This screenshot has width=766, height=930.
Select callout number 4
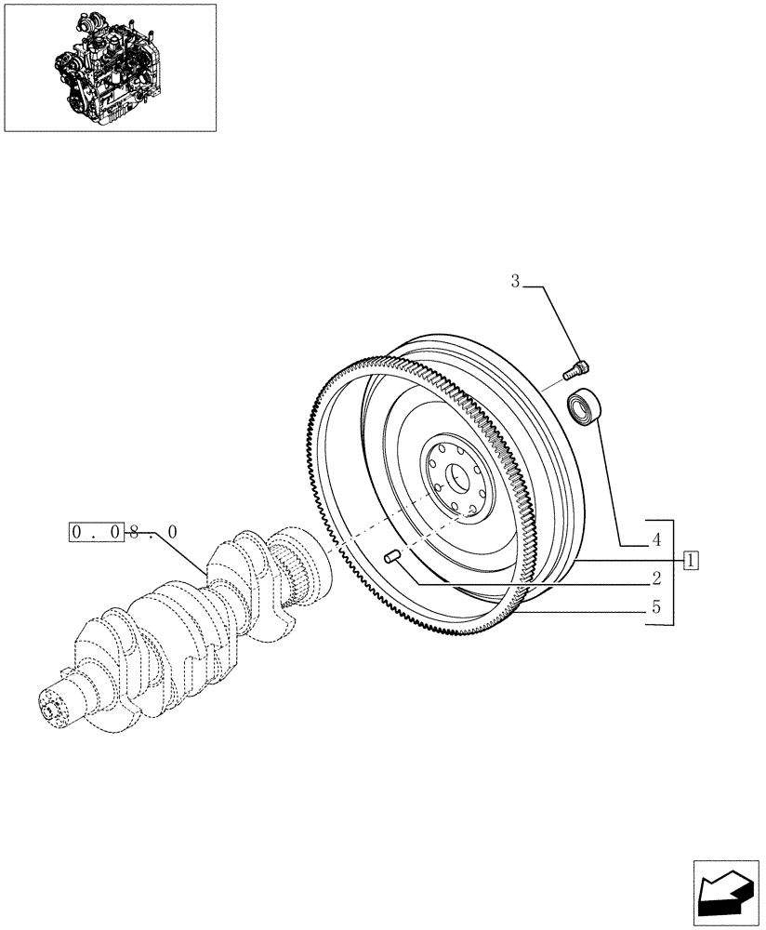click(x=656, y=538)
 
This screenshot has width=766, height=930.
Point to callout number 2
click(x=656, y=578)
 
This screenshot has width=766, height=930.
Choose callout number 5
click(x=656, y=609)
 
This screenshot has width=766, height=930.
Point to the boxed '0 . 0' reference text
click(x=96, y=532)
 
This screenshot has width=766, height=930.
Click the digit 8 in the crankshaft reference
click(x=135, y=532)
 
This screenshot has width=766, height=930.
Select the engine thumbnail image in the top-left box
click(x=110, y=67)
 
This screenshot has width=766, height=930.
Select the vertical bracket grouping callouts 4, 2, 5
click(x=671, y=572)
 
